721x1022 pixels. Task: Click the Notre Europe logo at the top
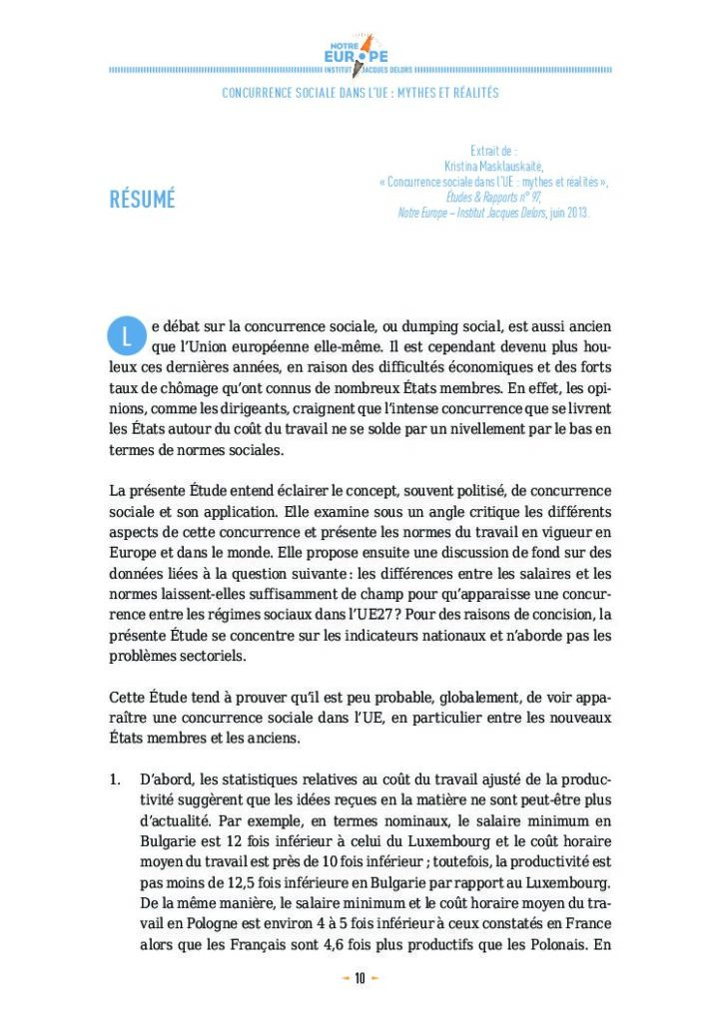click(x=360, y=55)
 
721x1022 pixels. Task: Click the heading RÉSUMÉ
click(x=142, y=199)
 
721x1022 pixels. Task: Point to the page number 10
click(x=360, y=978)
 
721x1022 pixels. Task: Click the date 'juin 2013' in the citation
click(x=567, y=213)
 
